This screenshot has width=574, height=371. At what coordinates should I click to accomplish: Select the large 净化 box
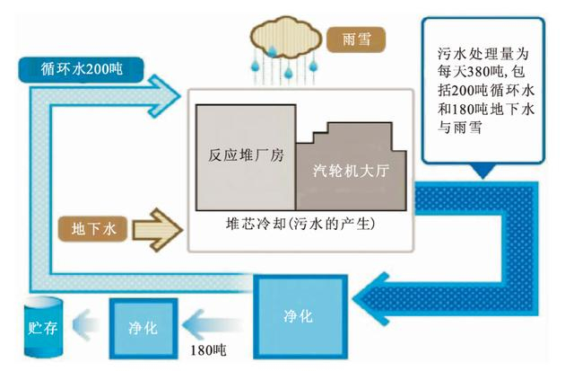click(300, 315)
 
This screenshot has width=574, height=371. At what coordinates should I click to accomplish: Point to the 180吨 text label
click(211, 347)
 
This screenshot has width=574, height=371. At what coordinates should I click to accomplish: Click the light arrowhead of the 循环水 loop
click(165, 90)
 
